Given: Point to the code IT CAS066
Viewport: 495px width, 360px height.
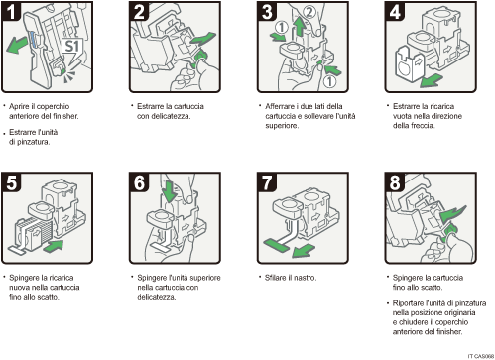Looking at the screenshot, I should click(476, 354).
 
